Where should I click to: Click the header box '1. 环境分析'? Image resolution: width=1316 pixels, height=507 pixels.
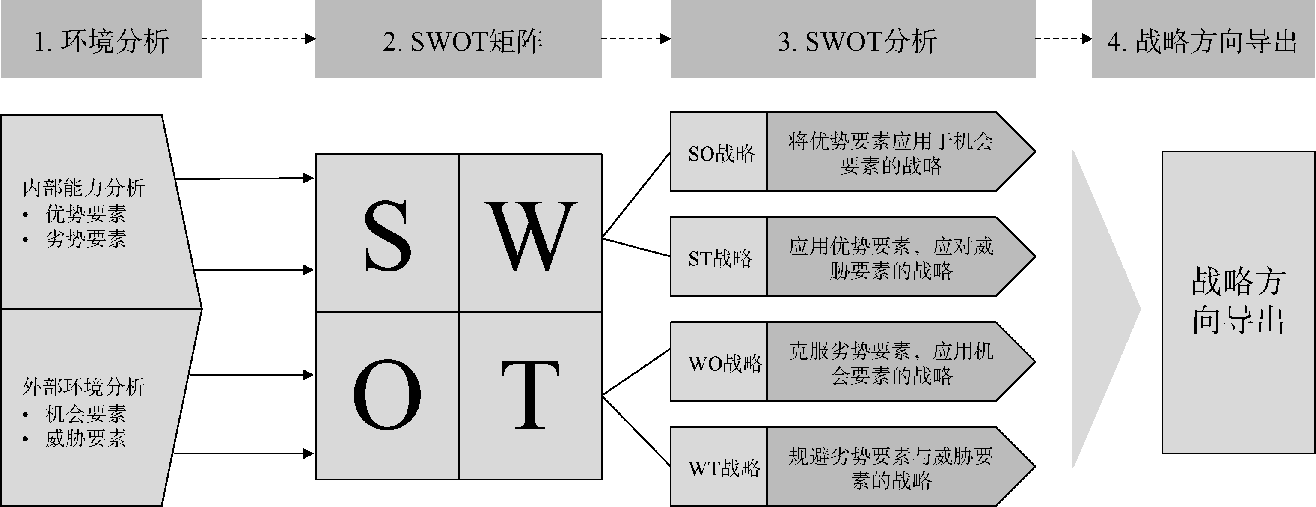click(101, 40)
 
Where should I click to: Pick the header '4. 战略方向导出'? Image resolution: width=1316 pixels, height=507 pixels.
click(1203, 40)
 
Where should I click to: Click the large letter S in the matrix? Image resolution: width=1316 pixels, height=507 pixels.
click(387, 236)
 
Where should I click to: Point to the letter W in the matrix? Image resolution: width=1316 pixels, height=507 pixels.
click(530, 236)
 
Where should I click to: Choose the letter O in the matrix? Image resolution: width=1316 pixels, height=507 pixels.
click(387, 394)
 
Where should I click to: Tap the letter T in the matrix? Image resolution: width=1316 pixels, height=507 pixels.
click(530, 394)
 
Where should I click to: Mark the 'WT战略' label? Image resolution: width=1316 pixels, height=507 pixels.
click(724, 468)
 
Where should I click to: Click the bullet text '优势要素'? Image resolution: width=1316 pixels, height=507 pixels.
click(85, 214)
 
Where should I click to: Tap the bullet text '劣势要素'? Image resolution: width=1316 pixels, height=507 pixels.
click(85, 239)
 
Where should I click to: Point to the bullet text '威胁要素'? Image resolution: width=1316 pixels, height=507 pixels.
click(85, 438)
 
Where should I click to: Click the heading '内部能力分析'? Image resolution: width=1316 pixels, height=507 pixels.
click(84, 188)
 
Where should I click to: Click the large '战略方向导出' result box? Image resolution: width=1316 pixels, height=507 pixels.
click(1238, 301)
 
